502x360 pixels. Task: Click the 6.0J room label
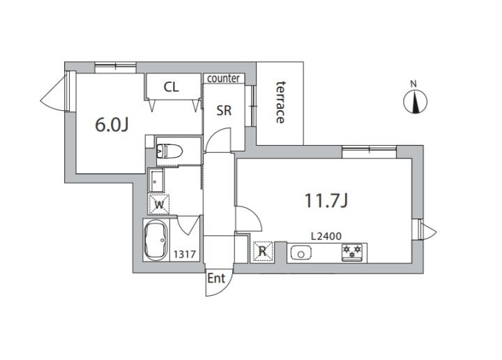point(112,125)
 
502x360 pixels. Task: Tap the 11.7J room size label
point(326,201)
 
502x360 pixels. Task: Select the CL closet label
point(172,87)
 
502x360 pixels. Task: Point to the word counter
point(224,78)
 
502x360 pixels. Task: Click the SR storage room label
point(224,110)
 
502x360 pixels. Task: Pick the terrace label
point(280,102)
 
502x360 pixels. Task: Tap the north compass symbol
point(416,102)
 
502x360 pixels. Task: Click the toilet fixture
point(169,151)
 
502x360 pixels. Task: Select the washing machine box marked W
point(158,204)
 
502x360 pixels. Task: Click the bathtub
point(156,239)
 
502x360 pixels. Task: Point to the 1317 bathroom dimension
point(185,255)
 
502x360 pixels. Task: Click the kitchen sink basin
point(301,253)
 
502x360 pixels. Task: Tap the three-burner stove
point(352,252)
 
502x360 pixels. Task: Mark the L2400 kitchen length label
point(326,237)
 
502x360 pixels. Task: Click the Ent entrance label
point(216,278)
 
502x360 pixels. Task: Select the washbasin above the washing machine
point(156,180)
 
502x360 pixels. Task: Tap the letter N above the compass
point(413,84)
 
